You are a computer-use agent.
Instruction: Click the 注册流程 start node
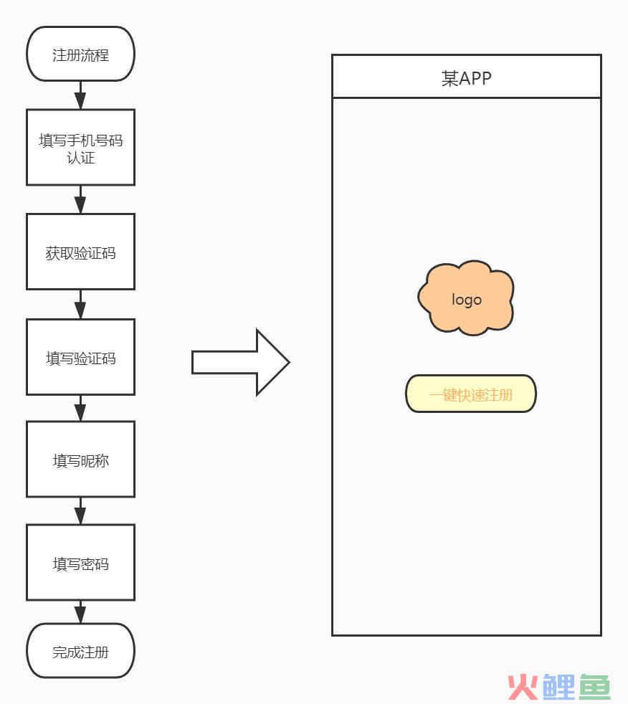[81, 54]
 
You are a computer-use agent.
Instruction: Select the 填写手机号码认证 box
[81, 147]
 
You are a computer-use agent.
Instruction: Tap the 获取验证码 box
[81, 252]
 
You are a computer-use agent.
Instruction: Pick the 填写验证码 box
[81, 357]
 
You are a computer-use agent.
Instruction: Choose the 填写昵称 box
[81, 459]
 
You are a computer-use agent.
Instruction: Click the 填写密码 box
[81, 562]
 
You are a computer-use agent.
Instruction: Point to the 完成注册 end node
[81, 650]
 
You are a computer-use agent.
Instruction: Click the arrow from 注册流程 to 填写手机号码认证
[80, 95]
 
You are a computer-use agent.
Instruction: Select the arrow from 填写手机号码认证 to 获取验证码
[80, 199]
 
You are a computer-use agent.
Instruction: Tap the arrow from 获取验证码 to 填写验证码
[80, 305]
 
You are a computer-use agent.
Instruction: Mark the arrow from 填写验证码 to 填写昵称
[80, 408]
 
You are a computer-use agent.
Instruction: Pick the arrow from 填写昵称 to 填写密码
[80, 510]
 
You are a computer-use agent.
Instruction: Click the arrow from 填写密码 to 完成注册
[80, 612]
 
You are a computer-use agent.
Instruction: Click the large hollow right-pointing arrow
[241, 362]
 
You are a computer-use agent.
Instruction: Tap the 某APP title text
[467, 79]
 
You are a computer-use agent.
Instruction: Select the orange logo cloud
[466, 298]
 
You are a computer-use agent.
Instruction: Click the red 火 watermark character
[523, 687]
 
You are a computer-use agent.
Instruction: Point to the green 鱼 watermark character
[594, 687]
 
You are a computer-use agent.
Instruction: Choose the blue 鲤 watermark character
[558, 687]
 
